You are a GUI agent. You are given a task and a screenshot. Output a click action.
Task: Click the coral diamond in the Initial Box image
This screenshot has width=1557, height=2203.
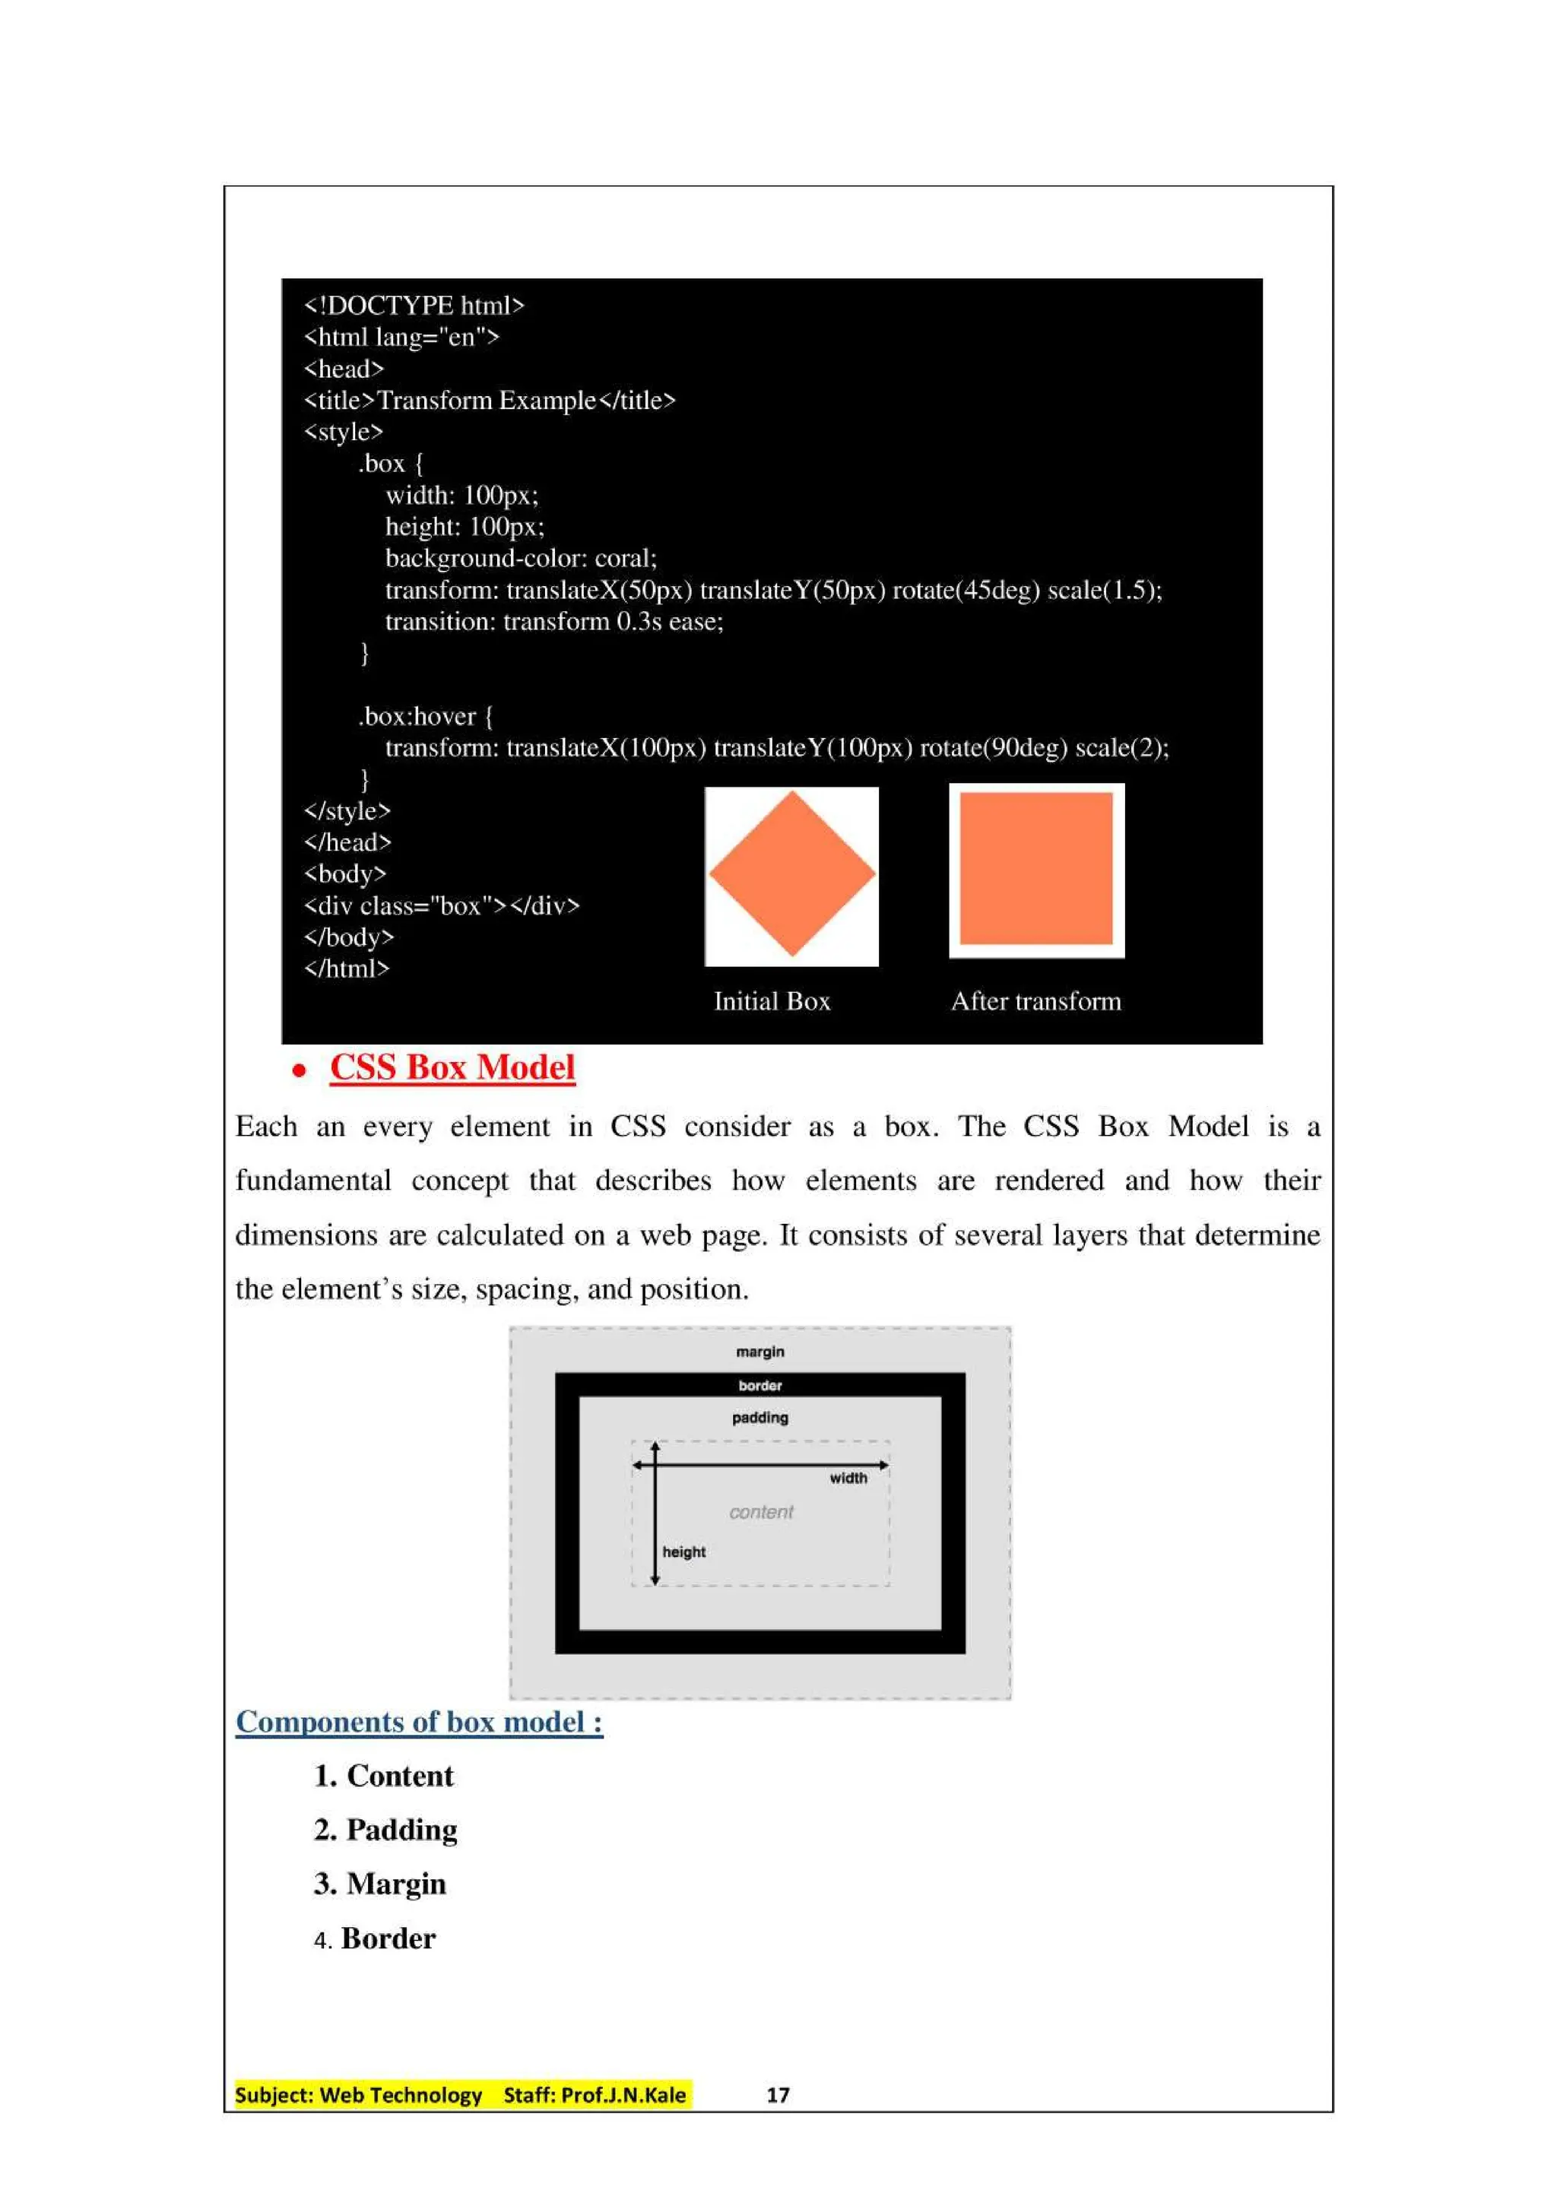point(791,874)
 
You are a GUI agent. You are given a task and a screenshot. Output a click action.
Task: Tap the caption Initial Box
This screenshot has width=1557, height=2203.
point(772,1002)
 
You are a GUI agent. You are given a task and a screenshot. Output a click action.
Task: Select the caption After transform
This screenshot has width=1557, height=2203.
point(1035,1002)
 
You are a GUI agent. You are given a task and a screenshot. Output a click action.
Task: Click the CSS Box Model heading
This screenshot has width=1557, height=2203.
point(452,1068)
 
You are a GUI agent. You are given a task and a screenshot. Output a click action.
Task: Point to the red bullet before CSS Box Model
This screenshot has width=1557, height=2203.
point(300,1071)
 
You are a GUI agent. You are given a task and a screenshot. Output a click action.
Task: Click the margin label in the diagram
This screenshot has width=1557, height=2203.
point(759,1352)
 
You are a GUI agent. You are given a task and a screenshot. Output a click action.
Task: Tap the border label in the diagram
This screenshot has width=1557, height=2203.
point(759,1386)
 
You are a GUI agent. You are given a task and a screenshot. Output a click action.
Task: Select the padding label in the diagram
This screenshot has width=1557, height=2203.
point(759,1418)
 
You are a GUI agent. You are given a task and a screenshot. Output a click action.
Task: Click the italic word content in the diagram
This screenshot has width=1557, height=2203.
point(761,1512)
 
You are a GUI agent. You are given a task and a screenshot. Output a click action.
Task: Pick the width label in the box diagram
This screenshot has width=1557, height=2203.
point(848,1479)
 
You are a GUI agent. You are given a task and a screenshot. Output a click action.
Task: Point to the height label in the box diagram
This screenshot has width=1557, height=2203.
point(684,1552)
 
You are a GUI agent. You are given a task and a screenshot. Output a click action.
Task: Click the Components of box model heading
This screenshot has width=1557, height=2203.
point(419,1723)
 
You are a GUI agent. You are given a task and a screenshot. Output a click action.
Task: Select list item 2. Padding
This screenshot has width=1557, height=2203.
point(385,1830)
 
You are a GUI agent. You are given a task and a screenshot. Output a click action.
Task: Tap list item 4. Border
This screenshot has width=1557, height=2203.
point(375,1938)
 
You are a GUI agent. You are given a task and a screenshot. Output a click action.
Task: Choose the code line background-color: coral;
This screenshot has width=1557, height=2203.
point(521,559)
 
